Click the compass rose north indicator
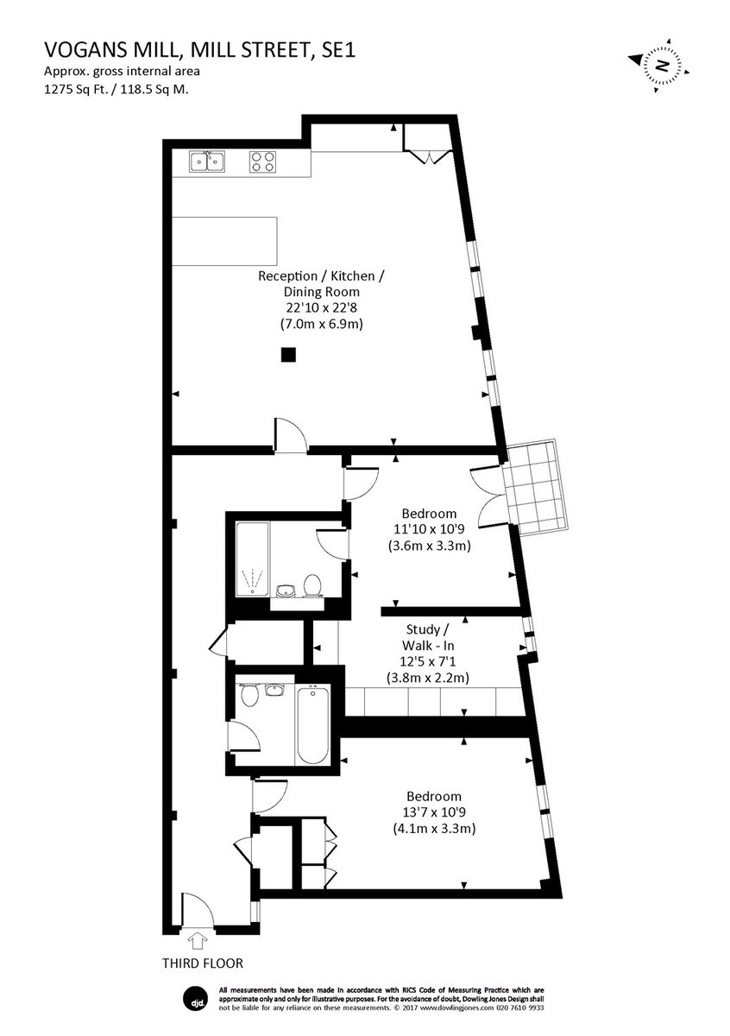click(x=658, y=66)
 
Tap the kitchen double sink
click(x=207, y=162)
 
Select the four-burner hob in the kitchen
click(x=262, y=162)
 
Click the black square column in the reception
click(x=288, y=354)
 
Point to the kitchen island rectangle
click(x=224, y=241)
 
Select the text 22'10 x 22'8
click(x=321, y=307)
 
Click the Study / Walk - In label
click(x=428, y=637)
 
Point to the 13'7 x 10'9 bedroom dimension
click(x=434, y=812)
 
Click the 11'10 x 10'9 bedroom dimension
click(x=429, y=529)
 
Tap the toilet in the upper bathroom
click(x=312, y=585)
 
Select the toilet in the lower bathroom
click(x=250, y=695)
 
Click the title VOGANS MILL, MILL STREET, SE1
click(x=199, y=50)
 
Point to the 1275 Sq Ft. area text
click(x=76, y=89)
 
